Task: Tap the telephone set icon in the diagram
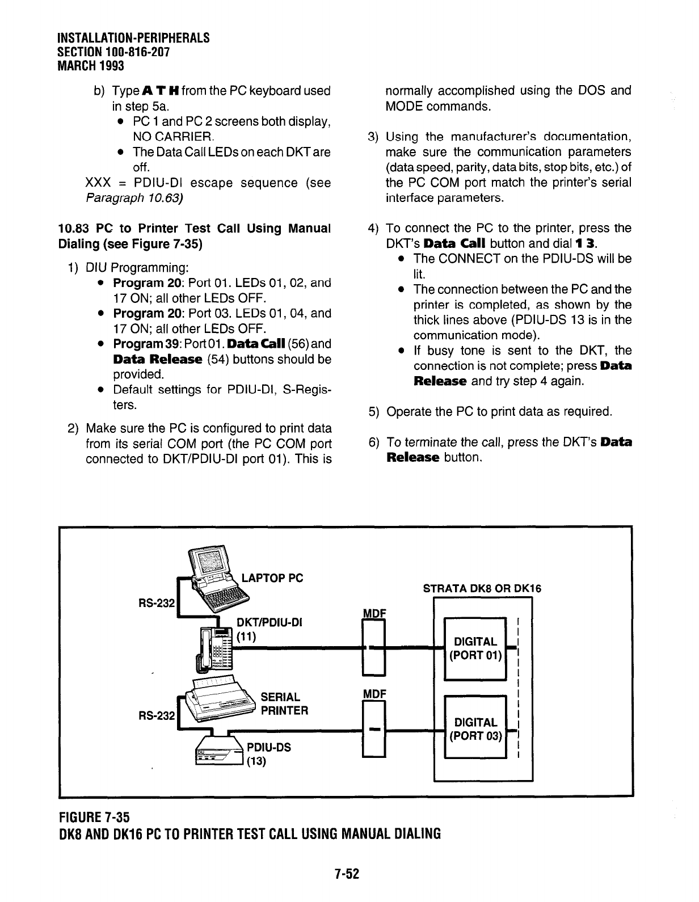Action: pyautogui.click(x=214, y=650)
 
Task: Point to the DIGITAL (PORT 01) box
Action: pyautogui.click(x=475, y=648)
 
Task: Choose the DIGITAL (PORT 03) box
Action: pyautogui.click(x=475, y=730)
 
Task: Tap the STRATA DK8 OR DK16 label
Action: pyautogui.click(x=482, y=588)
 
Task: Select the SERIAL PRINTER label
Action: pyautogui.click(x=284, y=703)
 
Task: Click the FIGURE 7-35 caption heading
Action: pyautogui.click(x=94, y=817)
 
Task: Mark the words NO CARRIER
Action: pyautogui.click(x=172, y=137)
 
